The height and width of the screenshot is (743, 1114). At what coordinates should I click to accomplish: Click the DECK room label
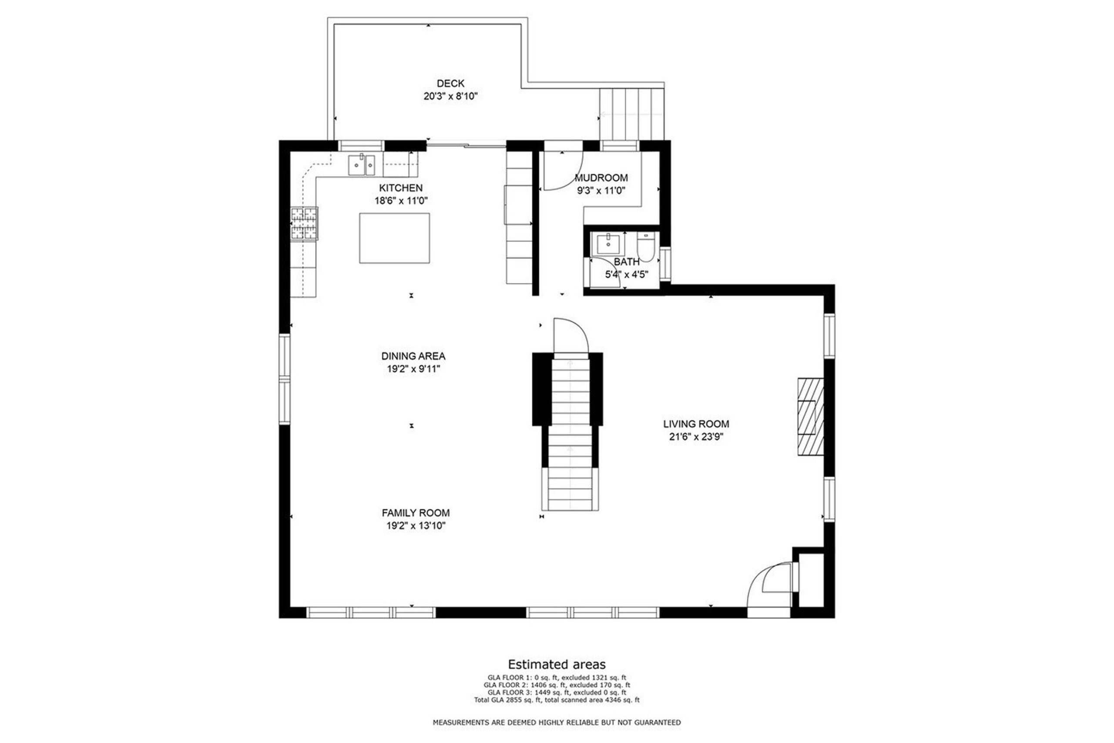[450, 84]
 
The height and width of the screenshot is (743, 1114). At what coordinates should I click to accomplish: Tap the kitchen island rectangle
[395, 238]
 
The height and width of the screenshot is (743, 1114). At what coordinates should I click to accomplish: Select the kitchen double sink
[362, 165]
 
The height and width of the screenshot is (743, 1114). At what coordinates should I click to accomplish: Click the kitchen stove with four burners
[304, 224]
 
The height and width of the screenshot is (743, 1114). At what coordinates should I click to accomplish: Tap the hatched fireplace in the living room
[810, 417]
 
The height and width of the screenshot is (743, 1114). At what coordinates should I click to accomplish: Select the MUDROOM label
[601, 178]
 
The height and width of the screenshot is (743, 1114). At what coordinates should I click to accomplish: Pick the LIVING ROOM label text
[696, 424]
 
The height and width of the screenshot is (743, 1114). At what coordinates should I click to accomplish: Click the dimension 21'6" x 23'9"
[696, 437]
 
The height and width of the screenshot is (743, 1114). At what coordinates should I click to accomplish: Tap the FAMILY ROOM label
[416, 513]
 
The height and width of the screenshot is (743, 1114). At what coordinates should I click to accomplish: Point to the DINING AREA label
[413, 356]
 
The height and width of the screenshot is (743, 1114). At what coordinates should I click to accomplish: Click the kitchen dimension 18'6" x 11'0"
[401, 200]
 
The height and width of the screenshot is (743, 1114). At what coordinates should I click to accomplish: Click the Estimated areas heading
[557, 664]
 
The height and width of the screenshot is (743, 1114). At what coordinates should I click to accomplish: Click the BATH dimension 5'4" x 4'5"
[627, 274]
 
